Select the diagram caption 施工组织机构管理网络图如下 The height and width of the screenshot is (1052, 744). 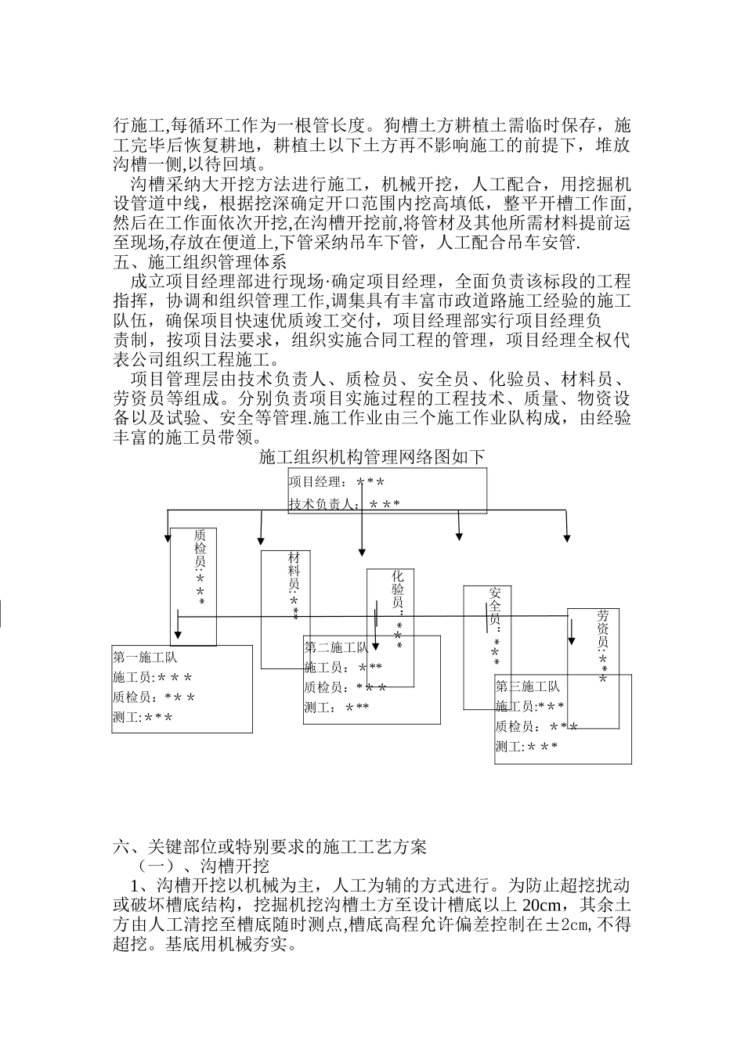point(372,458)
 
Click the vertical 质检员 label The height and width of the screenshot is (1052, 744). point(200,567)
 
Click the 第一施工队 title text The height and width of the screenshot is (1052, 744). point(145,657)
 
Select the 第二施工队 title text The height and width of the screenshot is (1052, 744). point(336,648)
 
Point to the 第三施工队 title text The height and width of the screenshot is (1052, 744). point(527,686)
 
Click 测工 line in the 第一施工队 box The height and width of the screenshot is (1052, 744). point(143,717)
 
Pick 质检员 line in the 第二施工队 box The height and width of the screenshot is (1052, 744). point(345,687)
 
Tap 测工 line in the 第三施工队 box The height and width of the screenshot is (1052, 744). point(526,747)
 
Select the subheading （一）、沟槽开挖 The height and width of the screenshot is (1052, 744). point(203,866)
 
